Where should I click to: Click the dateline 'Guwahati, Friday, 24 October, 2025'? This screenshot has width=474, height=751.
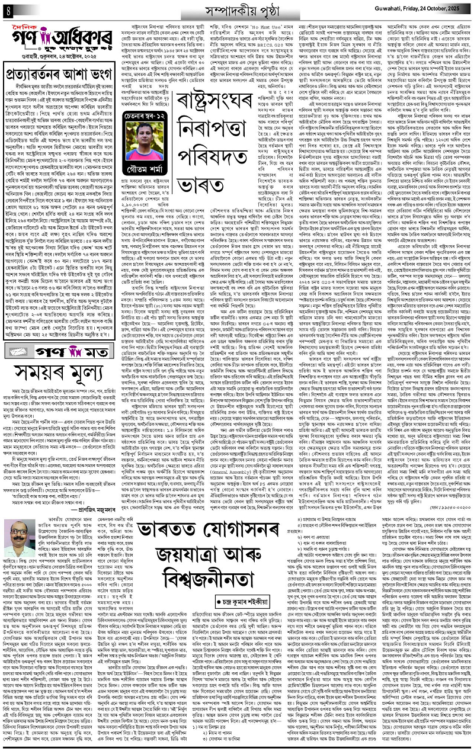(422, 9)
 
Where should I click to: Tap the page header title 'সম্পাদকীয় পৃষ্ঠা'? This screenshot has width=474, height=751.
(235, 9)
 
